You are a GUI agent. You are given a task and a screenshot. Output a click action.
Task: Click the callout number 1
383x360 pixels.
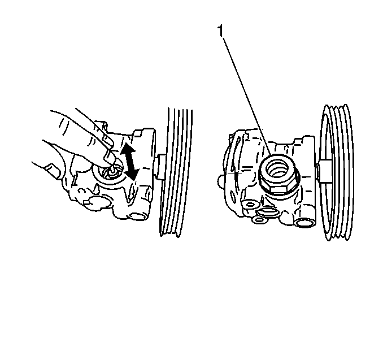(220, 31)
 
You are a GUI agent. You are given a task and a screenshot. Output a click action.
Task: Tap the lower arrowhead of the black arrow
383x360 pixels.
(132, 174)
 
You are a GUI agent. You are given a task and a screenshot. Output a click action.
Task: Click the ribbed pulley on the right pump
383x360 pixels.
(338, 172)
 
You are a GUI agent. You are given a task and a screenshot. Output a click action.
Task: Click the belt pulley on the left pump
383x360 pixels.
(175, 172)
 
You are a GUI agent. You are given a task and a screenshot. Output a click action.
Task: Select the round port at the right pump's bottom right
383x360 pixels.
(303, 223)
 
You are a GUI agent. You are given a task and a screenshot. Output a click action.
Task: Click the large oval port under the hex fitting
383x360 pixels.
(268, 212)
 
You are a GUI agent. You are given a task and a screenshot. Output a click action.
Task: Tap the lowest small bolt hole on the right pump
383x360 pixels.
(259, 220)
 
